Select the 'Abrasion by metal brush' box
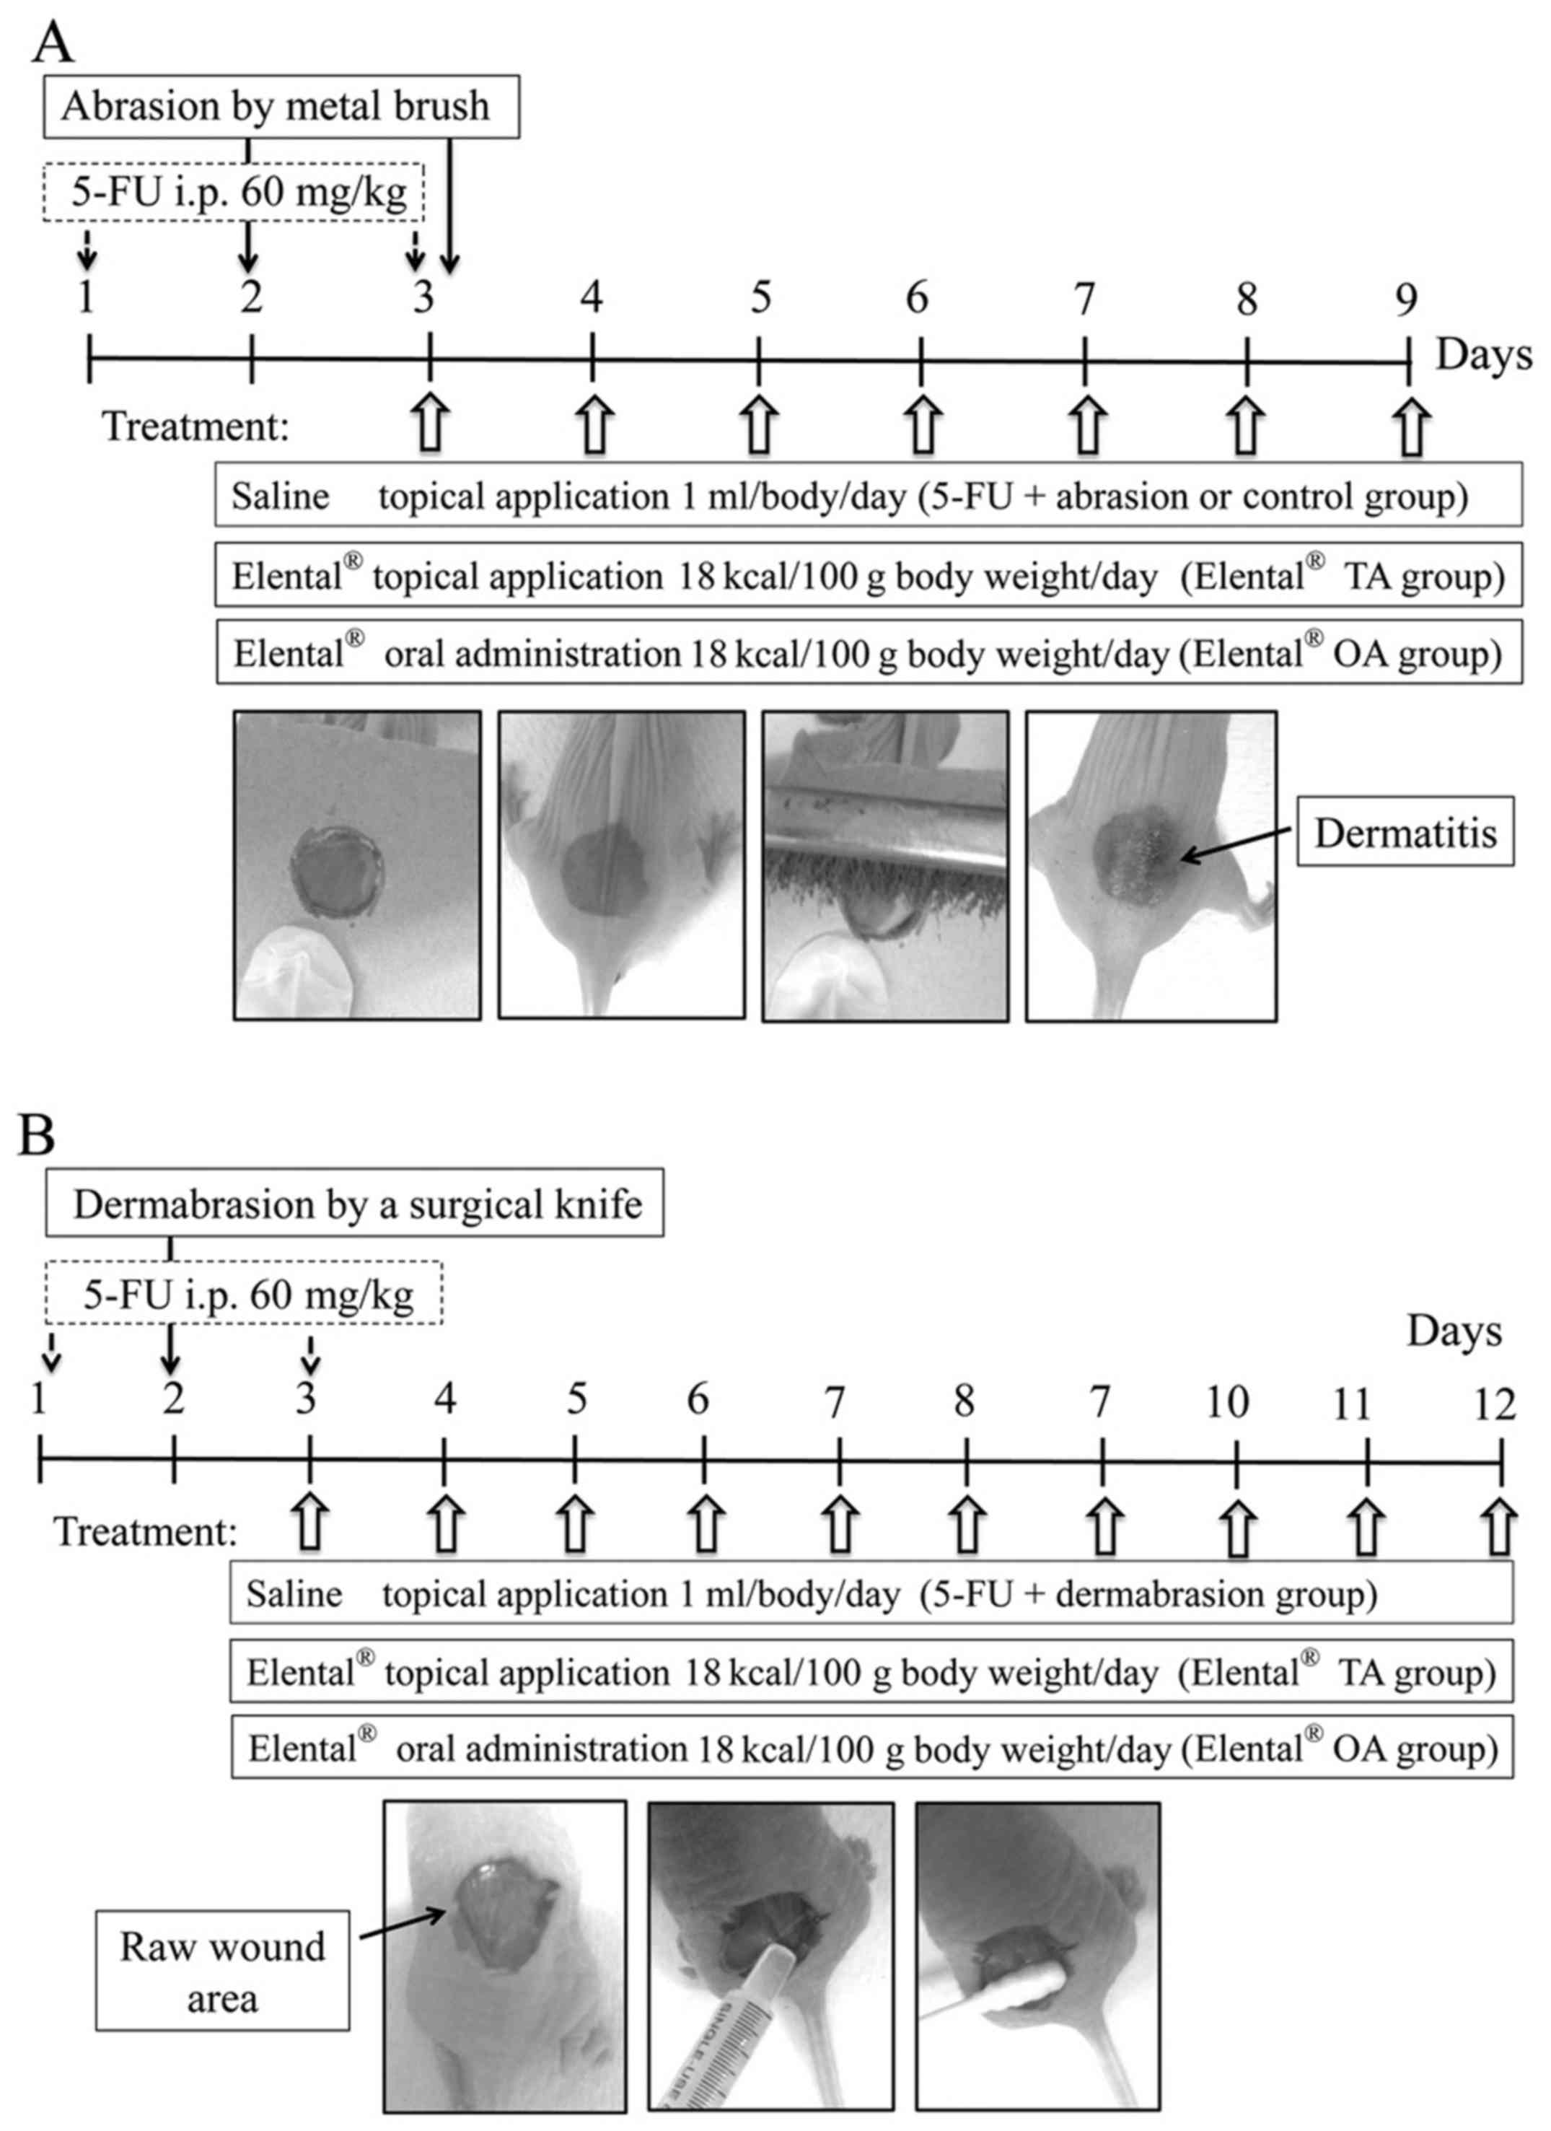[281, 106]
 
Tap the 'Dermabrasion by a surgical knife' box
[354, 1204]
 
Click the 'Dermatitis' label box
[1405, 833]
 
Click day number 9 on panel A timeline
[1405, 299]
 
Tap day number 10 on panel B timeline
[1227, 1403]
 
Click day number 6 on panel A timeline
[917, 299]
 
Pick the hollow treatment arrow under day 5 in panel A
[758, 425]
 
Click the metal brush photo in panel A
[885, 865]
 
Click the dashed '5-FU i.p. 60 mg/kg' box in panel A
[234, 193]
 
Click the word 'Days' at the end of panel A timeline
[1483, 355]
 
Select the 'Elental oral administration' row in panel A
[868, 653]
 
